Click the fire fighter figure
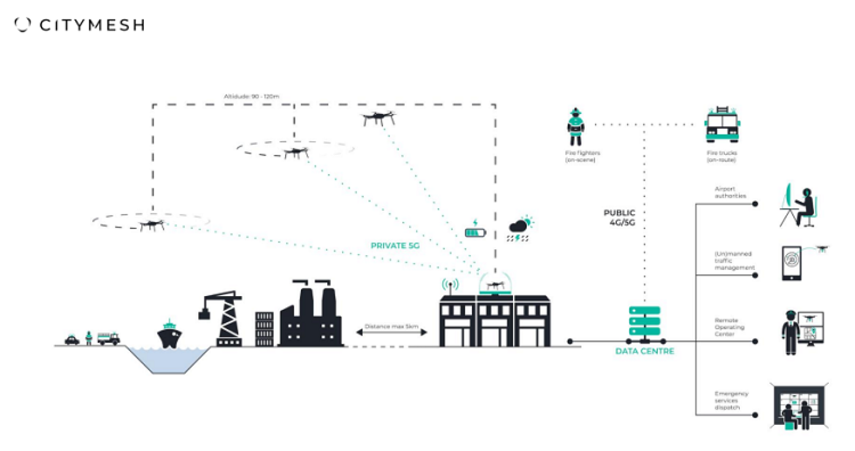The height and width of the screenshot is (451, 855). click(575, 127)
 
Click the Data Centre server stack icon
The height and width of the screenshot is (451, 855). click(644, 324)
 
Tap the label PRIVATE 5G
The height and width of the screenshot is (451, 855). click(395, 245)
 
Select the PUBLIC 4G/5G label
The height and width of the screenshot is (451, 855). click(619, 217)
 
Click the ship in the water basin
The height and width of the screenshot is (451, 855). click(169, 335)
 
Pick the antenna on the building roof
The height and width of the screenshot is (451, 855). click(450, 286)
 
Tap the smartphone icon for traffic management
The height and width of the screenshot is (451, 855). click(791, 263)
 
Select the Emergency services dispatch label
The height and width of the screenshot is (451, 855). click(731, 401)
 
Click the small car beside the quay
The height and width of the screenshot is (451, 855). click(72, 340)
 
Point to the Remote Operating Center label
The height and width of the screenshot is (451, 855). click(729, 327)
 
